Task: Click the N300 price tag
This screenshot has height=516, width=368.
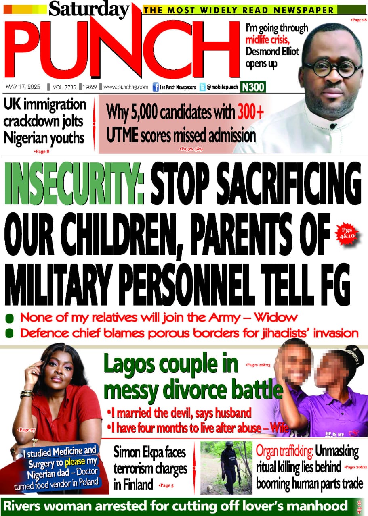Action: (x=253, y=87)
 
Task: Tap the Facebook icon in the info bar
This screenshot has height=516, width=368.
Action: (x=155, y=87)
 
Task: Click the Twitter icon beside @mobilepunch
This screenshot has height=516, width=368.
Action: (x=202, y=87)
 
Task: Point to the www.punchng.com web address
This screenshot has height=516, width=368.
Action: (x=126, y=87)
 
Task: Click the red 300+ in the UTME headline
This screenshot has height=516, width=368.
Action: (x=250, y=112)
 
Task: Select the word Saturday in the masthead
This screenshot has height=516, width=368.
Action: (x=89, y=8)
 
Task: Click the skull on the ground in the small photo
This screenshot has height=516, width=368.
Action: (x=210, y=489)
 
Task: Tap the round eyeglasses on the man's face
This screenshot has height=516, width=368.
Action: (x=332, y=69)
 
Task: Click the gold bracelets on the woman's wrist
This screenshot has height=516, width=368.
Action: (x=26, y=393)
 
